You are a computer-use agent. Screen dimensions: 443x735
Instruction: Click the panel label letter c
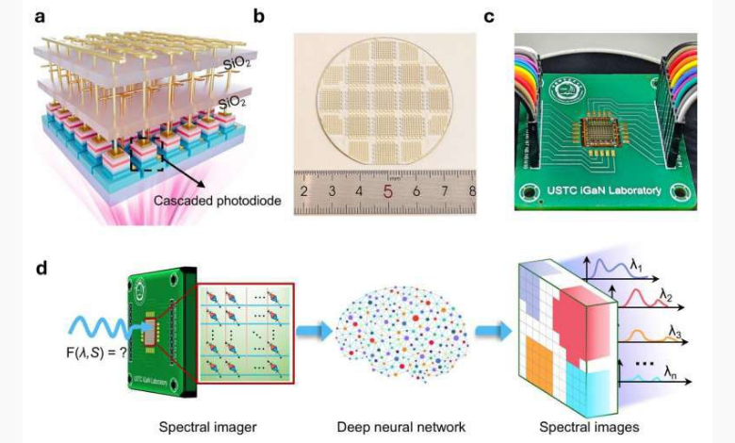tap(515, 16)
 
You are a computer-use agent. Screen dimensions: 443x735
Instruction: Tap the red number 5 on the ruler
tap(388, 190)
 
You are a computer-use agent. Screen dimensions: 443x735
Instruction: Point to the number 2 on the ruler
tap(303, 191)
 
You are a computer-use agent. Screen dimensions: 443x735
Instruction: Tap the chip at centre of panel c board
tap(596, 136)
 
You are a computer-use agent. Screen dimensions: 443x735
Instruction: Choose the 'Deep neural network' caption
tap(400, 427)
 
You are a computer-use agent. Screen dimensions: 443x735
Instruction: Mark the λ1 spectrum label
tap(664, 270)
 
